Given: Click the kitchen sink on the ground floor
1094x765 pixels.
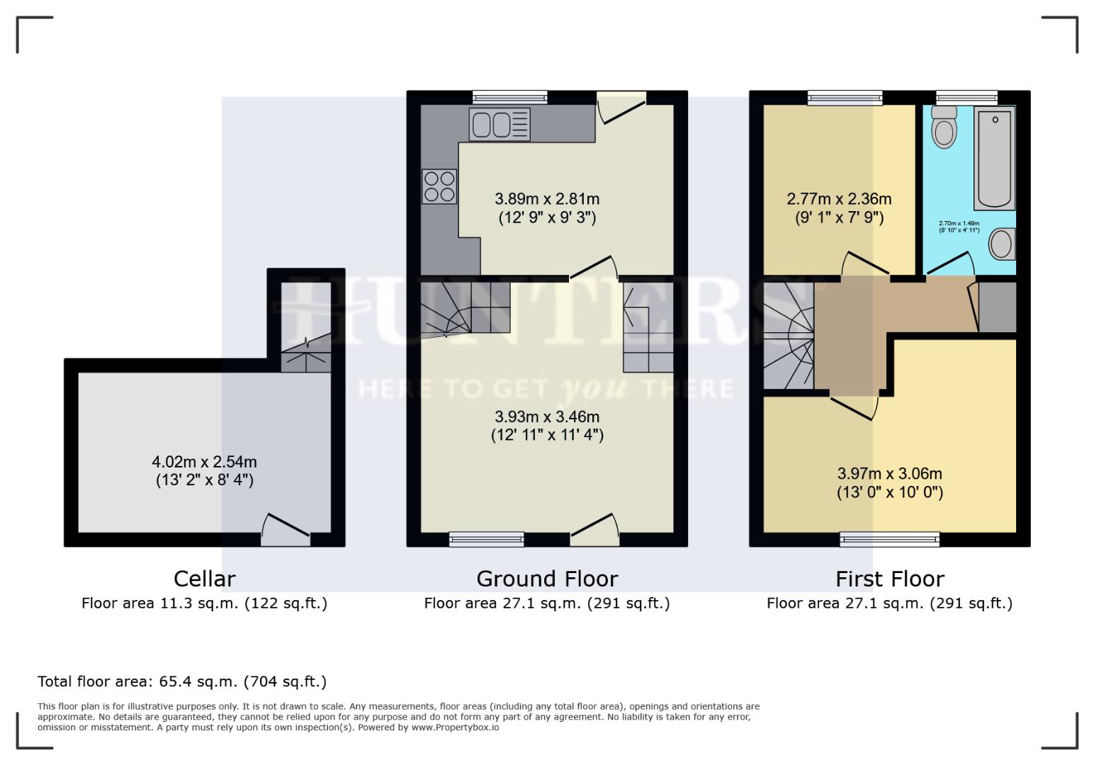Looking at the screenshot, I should [499, 125].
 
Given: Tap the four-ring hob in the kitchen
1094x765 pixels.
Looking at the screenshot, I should [439, 186].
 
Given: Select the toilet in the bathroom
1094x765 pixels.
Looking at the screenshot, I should [944, 127].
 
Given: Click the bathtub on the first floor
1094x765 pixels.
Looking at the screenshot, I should [995, 158].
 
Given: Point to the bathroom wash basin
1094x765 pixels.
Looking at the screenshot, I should [1002, 244].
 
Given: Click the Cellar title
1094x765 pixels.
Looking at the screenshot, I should [204, 579].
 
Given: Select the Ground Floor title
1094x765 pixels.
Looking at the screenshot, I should [547, 579].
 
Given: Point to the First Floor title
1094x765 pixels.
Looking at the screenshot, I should [889, 579].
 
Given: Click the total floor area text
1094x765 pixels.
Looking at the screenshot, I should [182, 681].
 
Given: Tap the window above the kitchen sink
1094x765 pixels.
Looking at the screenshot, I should [510, 98].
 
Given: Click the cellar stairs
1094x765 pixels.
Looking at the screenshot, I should [306, 354].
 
